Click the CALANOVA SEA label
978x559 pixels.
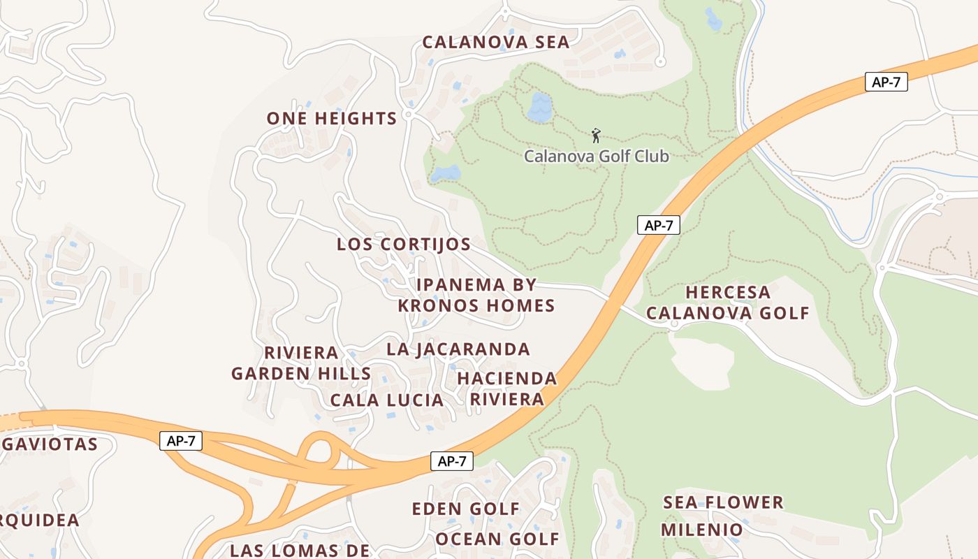coord(496,43)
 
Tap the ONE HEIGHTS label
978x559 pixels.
coord(332,119)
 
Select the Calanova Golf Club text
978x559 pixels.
coord(597,156)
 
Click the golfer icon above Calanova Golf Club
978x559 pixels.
coord(596,135)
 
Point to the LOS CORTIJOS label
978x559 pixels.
coord(404,245)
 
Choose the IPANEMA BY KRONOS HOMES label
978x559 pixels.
coord(476,296)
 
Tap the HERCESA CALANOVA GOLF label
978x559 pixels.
coord(727,303)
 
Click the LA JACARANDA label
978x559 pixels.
coord(458,349)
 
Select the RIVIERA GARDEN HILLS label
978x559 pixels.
coord(301,363)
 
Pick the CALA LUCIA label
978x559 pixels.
coord(387,400)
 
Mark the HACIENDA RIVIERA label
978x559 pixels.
coord(507,389)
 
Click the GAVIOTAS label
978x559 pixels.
coord(49,444)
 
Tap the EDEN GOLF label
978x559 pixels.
coord(466,509)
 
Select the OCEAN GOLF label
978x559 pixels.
coord(497,539)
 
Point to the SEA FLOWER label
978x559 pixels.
coord(723,502)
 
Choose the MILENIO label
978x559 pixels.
coord(702,530)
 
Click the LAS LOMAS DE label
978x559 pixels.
coord(300,550)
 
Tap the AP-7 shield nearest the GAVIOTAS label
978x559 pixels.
coord(181,441)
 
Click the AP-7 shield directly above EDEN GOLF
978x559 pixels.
coord(452,461)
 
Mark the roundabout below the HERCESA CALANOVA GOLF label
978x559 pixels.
coord(674,324)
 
